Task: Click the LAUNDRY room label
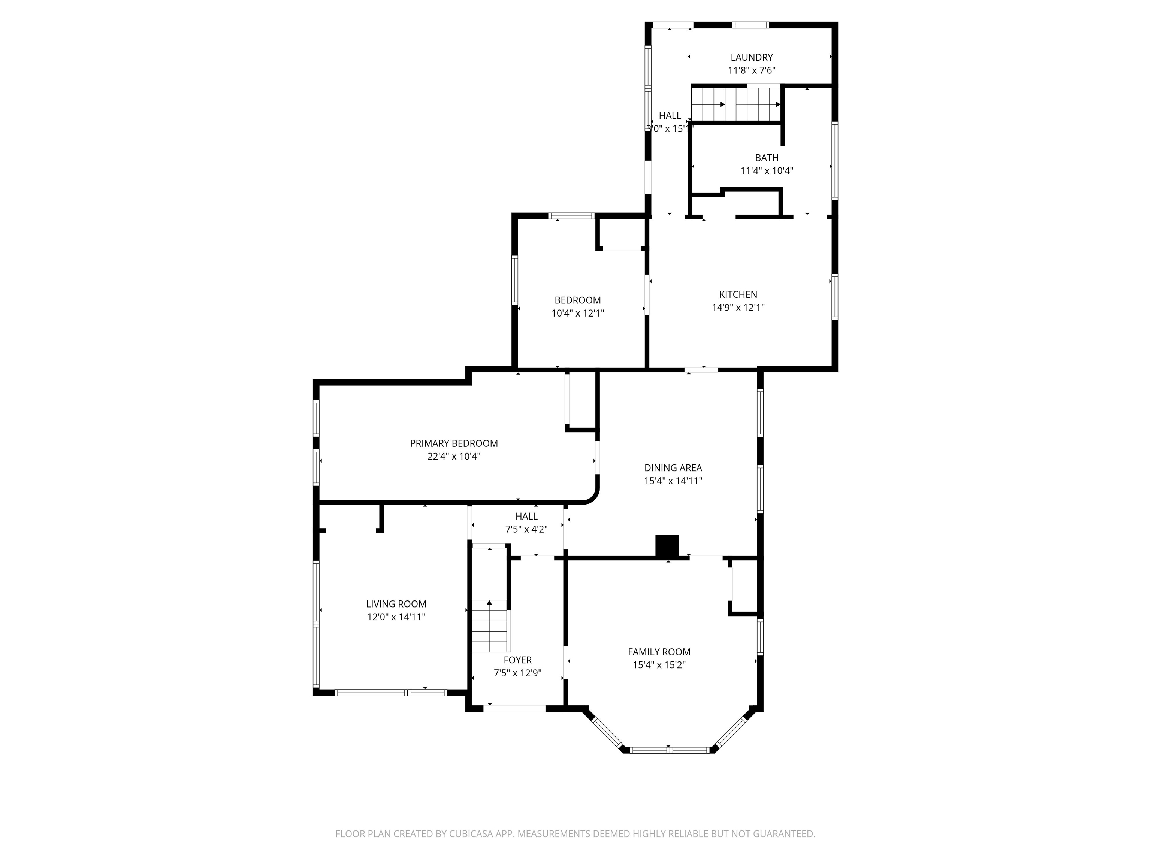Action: pyautogui.click(x=751, y=58)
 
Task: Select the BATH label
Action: pyautogui.click(x=767, y=158)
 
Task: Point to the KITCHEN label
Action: pyautogui.click(x=738, y=294)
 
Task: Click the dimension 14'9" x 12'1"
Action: pyautogui.click(x=738, y=308)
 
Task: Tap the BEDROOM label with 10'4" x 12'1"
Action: pyautogui.click(x=578, y=300)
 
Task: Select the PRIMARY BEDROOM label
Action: pyautogui.click(x=454, y=443)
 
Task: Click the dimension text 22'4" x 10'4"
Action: pyautogui.click(x=454, y=456)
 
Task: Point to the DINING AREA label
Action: pyautogui.click(x=673, y=468)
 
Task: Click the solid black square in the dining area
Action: pyautogui.click(x=667, y=546)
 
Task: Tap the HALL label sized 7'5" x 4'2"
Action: pyautogui.click(x=526, y=516)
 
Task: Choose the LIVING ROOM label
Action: pyautogui.click(x=396, y=604)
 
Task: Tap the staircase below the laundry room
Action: pyautogui.click(x=736, y=104)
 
